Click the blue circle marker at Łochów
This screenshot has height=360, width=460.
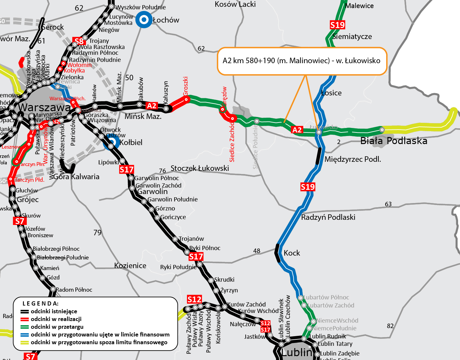pos(144,20)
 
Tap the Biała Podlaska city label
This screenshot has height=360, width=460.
pos(394,141)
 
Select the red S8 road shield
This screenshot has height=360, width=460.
pos(79,41)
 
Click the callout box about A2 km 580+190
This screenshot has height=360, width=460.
pos(302,61)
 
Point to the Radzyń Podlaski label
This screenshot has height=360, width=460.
pos(328,217)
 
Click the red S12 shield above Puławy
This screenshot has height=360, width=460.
pos(194,299)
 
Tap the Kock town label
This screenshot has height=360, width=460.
pos(292,253)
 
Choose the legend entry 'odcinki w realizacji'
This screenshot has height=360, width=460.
pos(56,319)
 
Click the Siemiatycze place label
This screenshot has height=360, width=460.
pos(352,37)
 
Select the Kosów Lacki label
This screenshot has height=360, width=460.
pos(235,4)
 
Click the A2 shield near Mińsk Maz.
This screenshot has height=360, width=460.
pos(152,106)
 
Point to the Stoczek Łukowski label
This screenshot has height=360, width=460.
pos(200,168)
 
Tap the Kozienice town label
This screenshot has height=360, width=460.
pos(130,266)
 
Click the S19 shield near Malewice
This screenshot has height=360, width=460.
pos(338,25)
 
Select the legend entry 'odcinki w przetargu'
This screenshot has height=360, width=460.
pos(57,327)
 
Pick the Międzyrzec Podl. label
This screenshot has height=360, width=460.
pos(353,159)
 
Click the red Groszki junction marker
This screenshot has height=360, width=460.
pos(186,100)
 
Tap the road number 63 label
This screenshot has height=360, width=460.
pos(388,204)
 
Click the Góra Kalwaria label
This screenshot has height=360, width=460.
pos(76,177)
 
